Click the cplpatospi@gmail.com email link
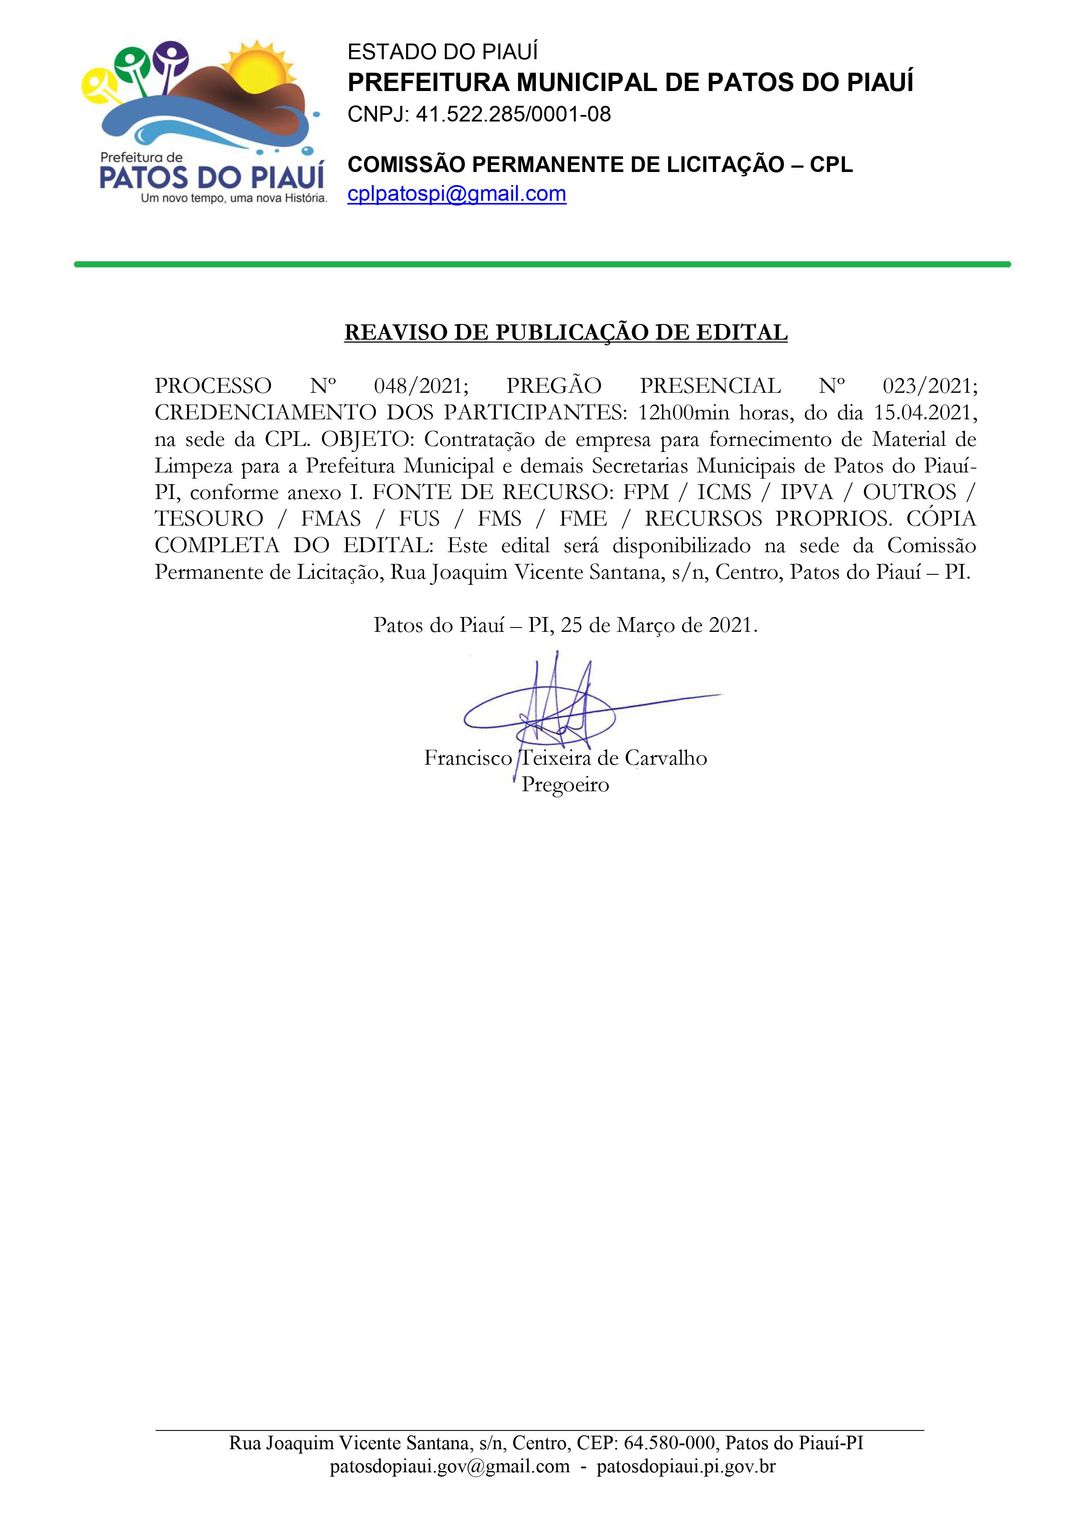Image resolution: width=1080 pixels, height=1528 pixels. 457,194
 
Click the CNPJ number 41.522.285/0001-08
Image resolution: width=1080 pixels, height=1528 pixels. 513,115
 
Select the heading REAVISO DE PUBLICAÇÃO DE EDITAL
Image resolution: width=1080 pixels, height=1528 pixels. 565,332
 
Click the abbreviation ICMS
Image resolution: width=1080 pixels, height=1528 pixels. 724,492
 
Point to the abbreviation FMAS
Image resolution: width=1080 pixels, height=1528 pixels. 331,519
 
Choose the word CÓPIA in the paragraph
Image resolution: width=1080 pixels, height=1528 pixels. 941,519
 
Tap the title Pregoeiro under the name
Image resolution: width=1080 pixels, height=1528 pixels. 565,785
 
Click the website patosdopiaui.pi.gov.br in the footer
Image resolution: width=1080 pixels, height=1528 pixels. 686,1467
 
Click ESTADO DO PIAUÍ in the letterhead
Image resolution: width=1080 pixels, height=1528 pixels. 443,52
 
